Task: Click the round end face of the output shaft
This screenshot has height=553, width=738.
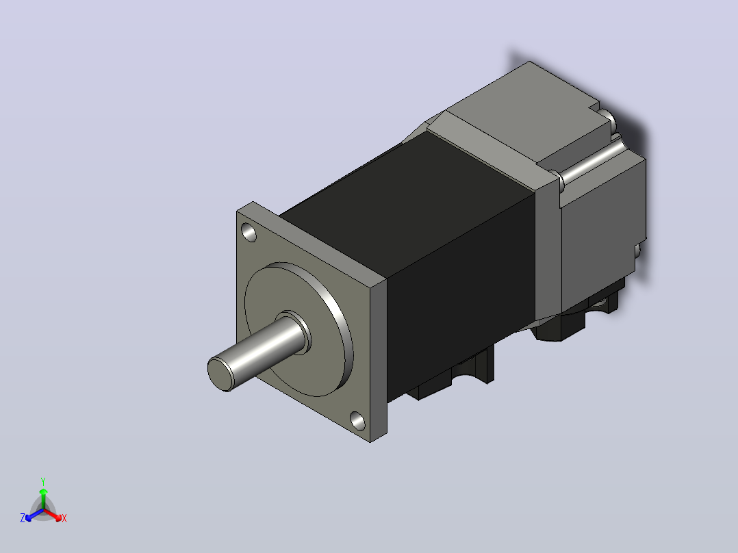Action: click(220, 374)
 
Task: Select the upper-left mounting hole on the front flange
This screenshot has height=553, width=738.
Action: click(249, 232)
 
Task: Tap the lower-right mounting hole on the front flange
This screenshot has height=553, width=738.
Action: click(357, 420)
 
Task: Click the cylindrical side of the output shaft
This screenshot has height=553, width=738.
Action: click(264, 348)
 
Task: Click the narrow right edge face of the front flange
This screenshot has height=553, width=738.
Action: click(379, 359)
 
